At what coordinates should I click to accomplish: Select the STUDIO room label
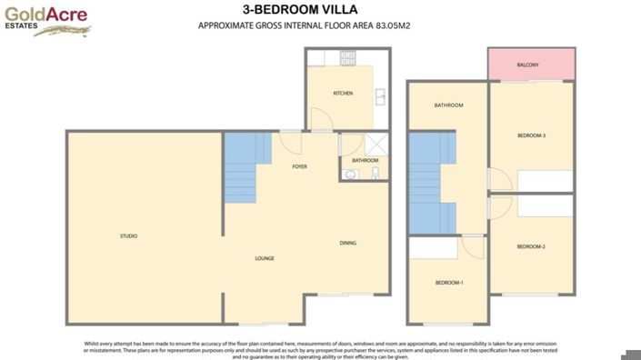[x=128, y=236]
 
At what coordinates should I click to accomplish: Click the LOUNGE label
[x=265, y=258]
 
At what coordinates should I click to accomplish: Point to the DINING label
[x=347, y=243]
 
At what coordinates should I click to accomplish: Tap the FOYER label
[x=299, y=167]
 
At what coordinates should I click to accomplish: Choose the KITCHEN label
[x=343, y=94]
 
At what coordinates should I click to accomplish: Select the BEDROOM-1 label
[x=449, y=283]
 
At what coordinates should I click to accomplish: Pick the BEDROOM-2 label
[x=531, y=247]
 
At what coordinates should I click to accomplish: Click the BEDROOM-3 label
[x=531, y=135]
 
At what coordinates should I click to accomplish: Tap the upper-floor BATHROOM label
[x=448, y=105]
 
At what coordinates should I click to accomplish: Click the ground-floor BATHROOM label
[x=365, y=160]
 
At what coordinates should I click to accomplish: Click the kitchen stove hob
[x=347, y=57]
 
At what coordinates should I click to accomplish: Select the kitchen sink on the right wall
[x=381, y=94]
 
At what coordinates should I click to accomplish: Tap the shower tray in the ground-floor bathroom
[x=375, y=144]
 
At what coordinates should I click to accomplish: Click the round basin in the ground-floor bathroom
[x=351, y=174]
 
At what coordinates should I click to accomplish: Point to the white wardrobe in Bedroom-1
[x=434, y=247]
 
